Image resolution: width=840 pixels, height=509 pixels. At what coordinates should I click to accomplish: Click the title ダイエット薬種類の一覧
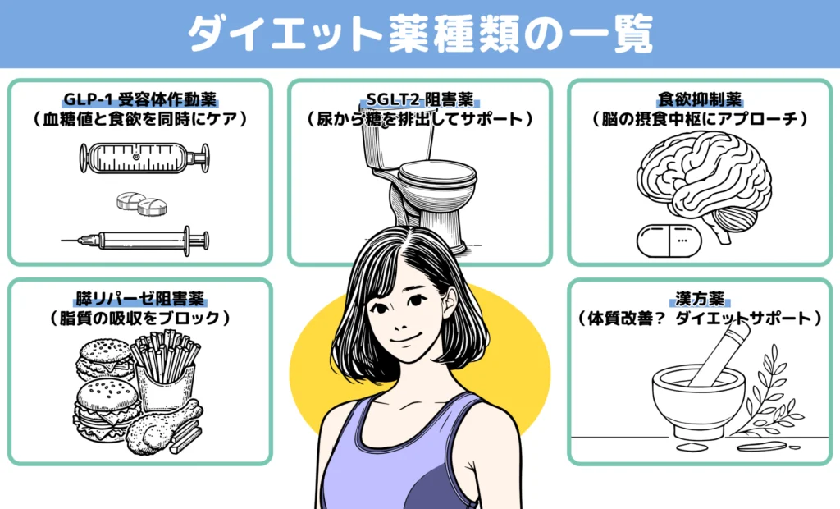(x=419, y=34)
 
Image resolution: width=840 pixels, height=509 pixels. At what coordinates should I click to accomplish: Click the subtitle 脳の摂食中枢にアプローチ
(x=700, y=120)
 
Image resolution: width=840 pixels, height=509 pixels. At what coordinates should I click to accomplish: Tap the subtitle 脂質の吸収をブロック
(x=139, y=318)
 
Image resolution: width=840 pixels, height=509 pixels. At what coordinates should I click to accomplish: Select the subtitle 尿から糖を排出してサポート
(x=419, y=120)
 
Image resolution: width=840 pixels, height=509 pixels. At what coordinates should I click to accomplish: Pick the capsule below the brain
(x=666, y=237)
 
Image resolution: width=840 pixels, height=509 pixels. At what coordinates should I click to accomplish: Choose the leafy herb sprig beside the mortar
(x=767, y=394)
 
